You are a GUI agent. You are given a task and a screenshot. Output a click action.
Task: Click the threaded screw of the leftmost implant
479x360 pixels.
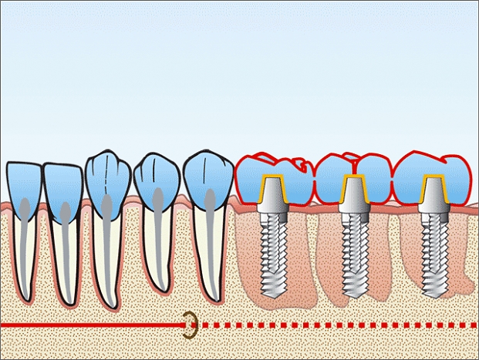tap(272, 254)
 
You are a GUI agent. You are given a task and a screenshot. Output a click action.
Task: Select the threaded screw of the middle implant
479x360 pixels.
tap(354, 254)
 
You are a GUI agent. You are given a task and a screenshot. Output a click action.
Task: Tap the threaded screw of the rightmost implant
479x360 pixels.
tap(433, 254)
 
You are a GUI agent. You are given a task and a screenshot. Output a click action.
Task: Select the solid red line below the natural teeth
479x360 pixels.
tap(93, 325)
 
